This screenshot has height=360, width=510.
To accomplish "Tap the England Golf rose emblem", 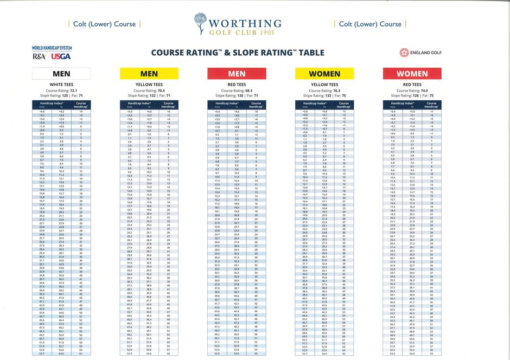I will coord(404,53).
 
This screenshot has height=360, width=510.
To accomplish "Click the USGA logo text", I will coord(61,56).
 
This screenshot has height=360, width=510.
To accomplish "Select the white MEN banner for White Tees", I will coord(61,74).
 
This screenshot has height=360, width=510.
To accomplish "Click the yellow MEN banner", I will coord(149,74).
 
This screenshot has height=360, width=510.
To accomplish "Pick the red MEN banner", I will coord(237,74).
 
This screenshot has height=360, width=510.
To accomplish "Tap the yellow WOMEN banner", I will coord(324,74).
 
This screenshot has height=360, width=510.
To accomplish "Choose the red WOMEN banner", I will coord(412,74).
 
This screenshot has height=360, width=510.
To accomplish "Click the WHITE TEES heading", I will coord(61,85).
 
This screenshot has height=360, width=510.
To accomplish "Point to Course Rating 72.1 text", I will coord(61,90).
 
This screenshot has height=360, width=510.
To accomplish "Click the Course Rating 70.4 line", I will coord(149,90).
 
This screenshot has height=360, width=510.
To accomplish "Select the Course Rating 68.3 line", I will coord(237,90).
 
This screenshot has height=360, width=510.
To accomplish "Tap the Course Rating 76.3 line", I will coord(324,90).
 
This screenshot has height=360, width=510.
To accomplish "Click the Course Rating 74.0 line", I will coord(412,90).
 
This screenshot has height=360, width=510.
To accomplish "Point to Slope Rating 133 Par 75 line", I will coord(324,95).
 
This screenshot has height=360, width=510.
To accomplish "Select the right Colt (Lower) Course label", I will coord(370,24).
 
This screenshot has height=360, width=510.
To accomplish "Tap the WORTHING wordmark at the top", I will coord(245,23).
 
